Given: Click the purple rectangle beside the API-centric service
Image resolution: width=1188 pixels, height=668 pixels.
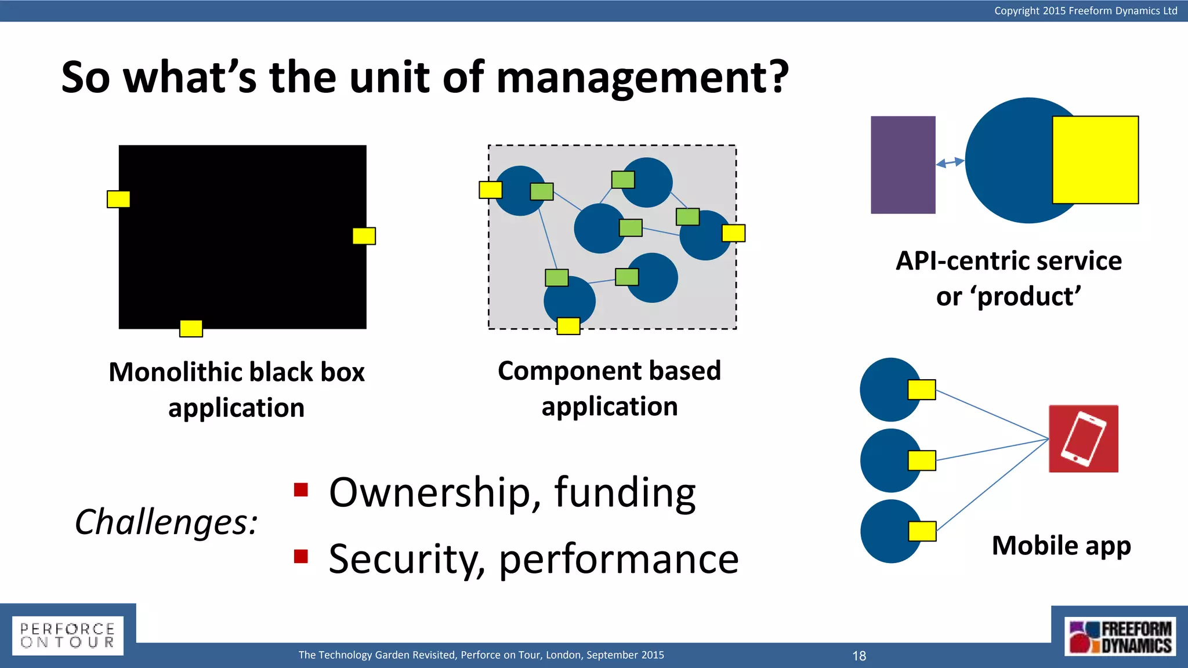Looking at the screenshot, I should [x=903, y=165].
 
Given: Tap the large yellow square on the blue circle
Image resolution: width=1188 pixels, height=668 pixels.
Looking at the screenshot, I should [x=1095, y=160].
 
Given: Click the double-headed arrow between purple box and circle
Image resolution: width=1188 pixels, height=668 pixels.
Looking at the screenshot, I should [x=950, y=162].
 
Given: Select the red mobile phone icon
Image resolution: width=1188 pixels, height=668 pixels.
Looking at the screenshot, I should [x=1083, y=438].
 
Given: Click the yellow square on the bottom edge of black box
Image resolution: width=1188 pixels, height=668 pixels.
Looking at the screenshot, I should [x=191, y=328].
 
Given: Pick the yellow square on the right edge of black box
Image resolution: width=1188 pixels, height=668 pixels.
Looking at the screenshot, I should [x=364, y=236].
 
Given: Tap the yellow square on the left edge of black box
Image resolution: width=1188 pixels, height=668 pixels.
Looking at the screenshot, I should [x=118, y=199].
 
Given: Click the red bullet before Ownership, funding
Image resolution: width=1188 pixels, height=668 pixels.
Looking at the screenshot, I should [x=300, y=490].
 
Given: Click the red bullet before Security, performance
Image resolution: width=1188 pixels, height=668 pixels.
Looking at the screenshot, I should [x=300, y=557].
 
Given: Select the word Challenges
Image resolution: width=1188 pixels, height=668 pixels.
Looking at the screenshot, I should [x=166, y=522].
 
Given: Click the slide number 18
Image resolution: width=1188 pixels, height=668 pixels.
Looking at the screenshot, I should [x=859, y=656].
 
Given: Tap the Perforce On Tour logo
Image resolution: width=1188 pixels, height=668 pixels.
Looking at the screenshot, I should [x=67, y=636].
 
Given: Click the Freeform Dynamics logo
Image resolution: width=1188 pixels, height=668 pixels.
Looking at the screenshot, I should [x=1120, y=637].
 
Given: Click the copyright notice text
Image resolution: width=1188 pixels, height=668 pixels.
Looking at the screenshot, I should [x=1085, y=10].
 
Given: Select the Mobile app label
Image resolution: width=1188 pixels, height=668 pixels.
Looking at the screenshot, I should [x=1061, y=546].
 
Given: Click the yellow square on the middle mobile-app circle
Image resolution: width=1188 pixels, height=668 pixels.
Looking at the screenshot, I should [x=922, y=460].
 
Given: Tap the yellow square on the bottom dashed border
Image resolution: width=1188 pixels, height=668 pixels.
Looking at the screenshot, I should [x=568, y=326].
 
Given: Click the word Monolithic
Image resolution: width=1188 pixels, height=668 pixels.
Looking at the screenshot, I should [x=173, y=372].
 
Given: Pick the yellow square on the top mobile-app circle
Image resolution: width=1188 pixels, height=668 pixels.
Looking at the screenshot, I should [x=921, y=390].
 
